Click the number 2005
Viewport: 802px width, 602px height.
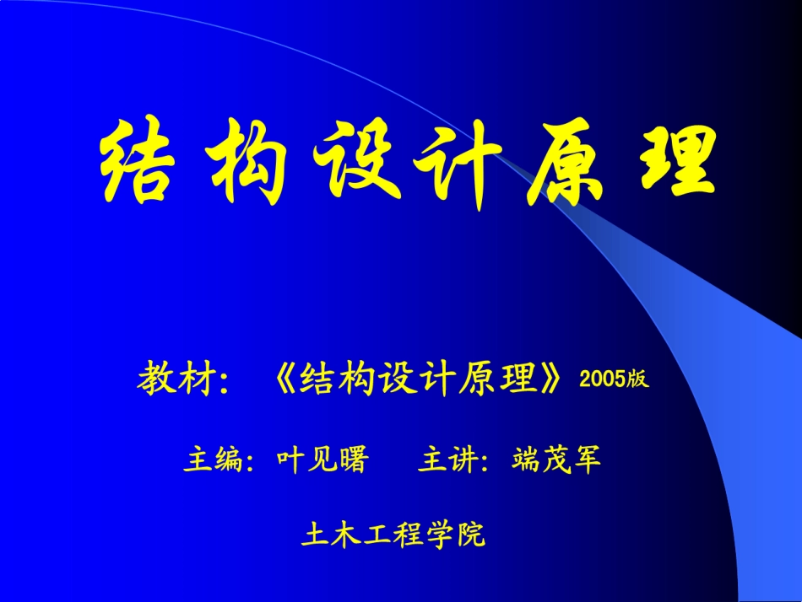602,379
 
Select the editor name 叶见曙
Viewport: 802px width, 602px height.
323,460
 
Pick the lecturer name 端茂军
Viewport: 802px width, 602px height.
557,460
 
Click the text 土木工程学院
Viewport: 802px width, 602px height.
393,535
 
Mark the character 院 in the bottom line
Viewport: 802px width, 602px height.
471,535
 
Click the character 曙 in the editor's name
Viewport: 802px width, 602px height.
355,460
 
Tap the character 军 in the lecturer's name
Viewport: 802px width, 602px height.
588,460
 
